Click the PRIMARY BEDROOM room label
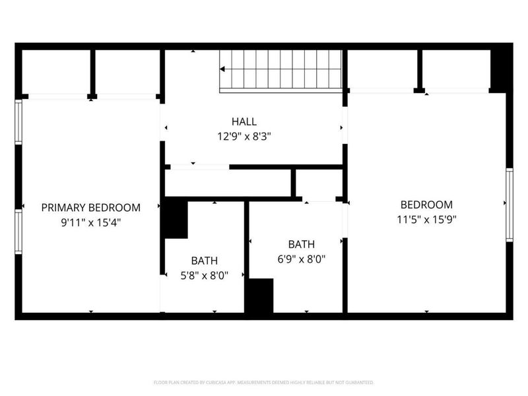(x=90, y=207)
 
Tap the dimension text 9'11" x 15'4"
(x=90, y=222)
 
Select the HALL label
(x=244, y=121)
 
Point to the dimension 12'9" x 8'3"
(x=244, y=137)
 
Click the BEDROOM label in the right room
(x=426, y=205)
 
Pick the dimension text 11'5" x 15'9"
(x=426, y=220)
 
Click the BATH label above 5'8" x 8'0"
(x=204, y=261)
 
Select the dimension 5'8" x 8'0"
(x=204, y=276)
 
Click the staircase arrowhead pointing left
(x=223, y=69)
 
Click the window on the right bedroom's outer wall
(x=509, y=205)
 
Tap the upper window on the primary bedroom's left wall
(x=19, y=122)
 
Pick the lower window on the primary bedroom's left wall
(x=19, y=231)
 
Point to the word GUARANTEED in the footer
(x=359, y=382)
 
